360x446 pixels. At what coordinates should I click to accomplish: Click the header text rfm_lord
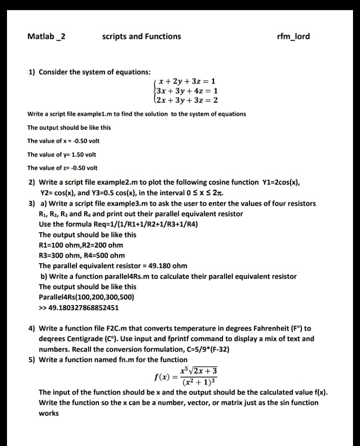click(x=293, y=36)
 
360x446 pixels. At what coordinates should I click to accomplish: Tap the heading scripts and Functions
click(x=141, y=36)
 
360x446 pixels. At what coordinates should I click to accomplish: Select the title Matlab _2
click(x=46, y=36)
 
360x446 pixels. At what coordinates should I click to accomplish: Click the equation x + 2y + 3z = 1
click(x=187, y=81)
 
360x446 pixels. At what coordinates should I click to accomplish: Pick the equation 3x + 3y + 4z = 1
click(x=187, y=91)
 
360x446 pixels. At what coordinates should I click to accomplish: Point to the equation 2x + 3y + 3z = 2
click(x=187, y=100)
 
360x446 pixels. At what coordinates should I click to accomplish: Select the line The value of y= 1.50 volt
click(x=61, y=154)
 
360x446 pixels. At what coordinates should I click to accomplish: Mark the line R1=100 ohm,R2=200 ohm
click(x=80, y=245)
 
